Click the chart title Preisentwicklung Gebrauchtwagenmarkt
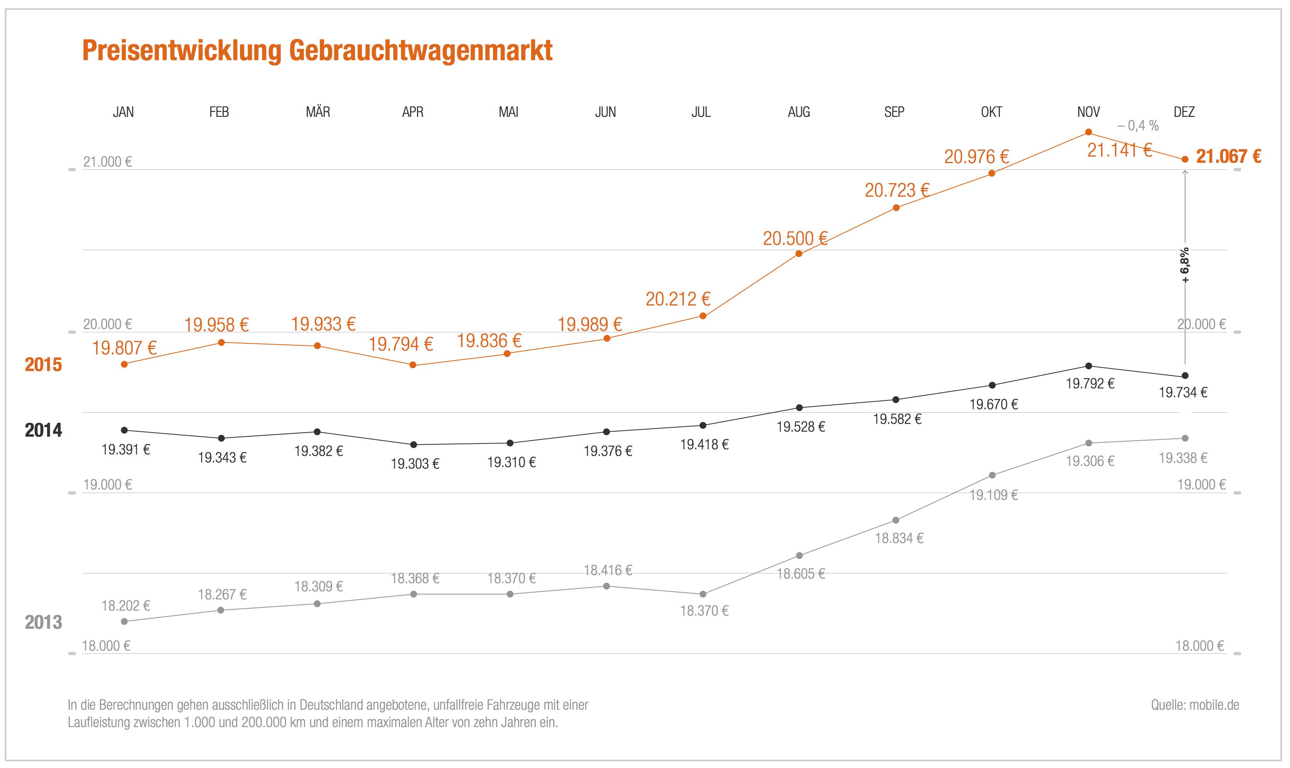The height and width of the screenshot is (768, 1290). [x=317, y=51]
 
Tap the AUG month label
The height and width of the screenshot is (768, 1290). [x=799, y=112]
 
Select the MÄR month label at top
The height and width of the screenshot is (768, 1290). [x=318, y=112]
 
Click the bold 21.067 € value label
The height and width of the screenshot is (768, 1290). [x=1228, y=156]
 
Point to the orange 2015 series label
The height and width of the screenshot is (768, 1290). [x=44, y=365]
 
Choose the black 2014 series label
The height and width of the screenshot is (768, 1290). [x=44, y=430]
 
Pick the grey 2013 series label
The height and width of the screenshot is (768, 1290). [x=44, y=622]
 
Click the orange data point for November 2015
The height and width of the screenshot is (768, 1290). [x=1088, y=132]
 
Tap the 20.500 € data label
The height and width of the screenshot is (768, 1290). [x=795, y=238]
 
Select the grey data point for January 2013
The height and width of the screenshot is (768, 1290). [x=124, y=621]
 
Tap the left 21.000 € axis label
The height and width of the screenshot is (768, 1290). [x=108, y=162]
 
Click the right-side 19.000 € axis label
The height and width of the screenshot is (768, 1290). [x=1201, y=485]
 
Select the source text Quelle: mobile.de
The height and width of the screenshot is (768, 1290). [x=1195, y=705]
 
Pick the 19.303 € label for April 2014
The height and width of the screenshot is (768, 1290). [x=415, y=464]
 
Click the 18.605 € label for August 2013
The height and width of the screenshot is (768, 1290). [x=800, y=574]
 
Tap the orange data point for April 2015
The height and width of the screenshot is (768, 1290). [x=413, y=365]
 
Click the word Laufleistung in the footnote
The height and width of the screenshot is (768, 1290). [x=99, y=722]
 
